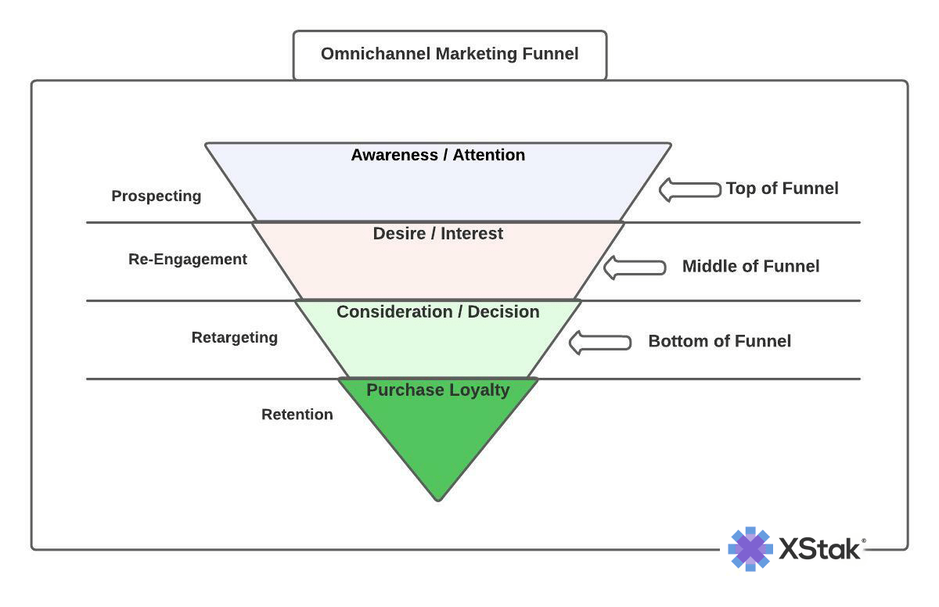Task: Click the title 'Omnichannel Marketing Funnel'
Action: click(x=449, y=54)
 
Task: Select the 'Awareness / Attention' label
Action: click(x=437, y=155)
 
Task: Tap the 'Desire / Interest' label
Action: click(x=437, y=233)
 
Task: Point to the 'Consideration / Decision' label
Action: click(x=437, y=311)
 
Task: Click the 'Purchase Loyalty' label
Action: click(x=437, y=390)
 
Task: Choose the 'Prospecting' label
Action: click(x=156, y=196)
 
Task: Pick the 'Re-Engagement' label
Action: click(x=187, y=259)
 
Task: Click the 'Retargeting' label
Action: click(x=234, y=337)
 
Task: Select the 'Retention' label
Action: click(x=297, y=414)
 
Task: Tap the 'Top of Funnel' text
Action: click(x=782, y=189)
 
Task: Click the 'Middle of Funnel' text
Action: click(x=750, y=266)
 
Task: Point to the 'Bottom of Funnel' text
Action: click(x=719, y=341)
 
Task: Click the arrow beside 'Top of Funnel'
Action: click(x=689, y=189)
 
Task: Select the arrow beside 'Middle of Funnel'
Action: click(x=635, y=267)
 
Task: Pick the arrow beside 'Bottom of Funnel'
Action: click(x=599, y=343)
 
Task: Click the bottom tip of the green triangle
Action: click(x=438, y=497)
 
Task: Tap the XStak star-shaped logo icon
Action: click(x=750, y=548)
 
